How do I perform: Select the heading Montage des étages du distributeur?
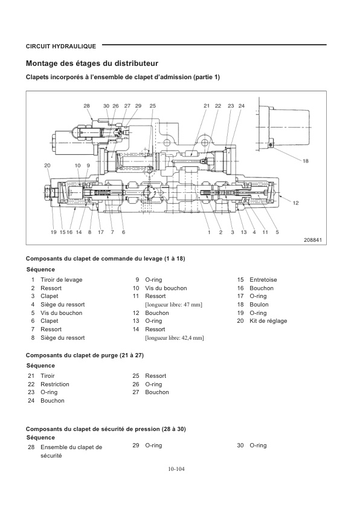92,63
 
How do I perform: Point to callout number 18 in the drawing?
305,161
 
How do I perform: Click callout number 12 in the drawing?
296,203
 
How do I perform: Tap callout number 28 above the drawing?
87,106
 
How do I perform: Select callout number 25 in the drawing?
152,106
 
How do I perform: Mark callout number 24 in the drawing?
241,106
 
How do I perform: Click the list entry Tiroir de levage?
61,280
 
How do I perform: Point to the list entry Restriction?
54,384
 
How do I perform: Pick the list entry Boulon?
259,305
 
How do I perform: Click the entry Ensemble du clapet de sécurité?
71,451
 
